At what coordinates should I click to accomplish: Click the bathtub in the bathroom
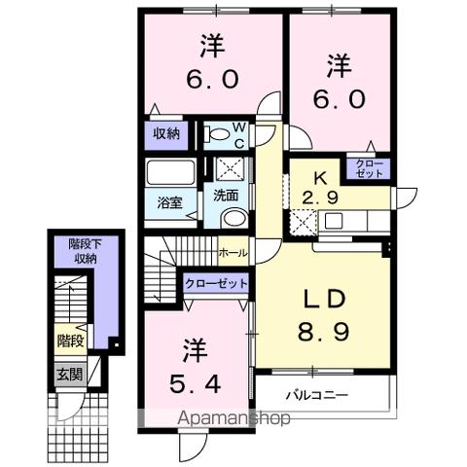(170, 175)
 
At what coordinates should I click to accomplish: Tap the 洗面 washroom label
(227, 195)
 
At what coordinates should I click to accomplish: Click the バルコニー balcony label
(316, 395)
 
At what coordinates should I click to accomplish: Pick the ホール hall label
(233, 252)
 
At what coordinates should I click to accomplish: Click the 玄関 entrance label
(68, 373)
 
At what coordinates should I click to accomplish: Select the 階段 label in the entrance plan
(69, 341)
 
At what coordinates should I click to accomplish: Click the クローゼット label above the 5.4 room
(215, 284)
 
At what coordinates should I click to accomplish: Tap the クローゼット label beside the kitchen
(370, 167)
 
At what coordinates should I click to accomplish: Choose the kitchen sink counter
(350, 221)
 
